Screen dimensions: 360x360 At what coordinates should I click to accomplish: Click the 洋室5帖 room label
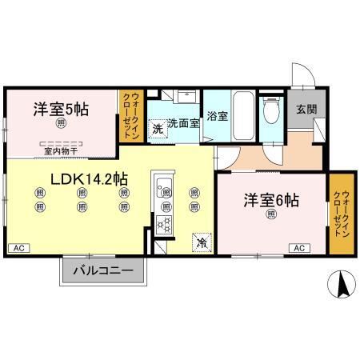coord(61,110)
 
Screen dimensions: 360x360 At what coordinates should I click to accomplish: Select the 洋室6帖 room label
coord(272,201)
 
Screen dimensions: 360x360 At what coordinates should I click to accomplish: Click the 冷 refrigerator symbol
coord(200,238)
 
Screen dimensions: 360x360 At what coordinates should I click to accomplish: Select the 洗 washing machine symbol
coord(158,128)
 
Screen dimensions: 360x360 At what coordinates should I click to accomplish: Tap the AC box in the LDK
coord(18,248)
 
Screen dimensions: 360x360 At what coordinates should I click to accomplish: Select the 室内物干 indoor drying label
coord(61,150)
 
